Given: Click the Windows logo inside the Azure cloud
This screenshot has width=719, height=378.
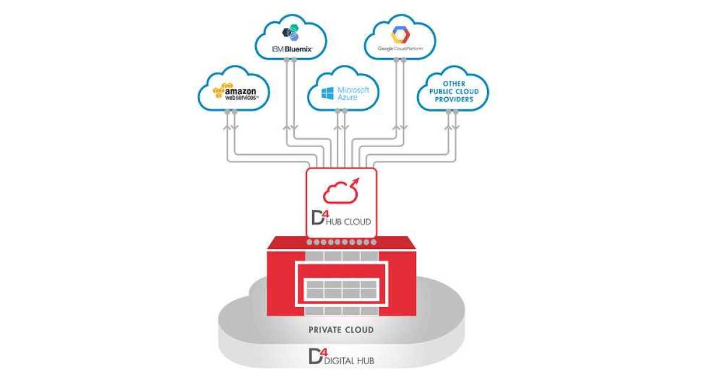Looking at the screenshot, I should (x=327, y=93).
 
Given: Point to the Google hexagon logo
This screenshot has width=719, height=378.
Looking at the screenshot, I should (x=400, y=34).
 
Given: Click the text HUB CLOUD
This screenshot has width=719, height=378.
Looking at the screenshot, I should (x=350, y=221).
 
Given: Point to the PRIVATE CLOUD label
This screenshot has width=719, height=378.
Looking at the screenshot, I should (x=341, y=330).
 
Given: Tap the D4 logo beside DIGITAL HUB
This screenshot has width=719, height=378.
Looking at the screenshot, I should (x=316, y=356).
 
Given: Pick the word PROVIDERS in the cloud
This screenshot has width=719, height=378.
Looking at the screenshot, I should (x=454, y=99).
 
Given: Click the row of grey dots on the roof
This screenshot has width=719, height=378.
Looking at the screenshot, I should (x=342, y=242).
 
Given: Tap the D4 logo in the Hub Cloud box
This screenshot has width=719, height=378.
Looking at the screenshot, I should (x=316, y=218).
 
